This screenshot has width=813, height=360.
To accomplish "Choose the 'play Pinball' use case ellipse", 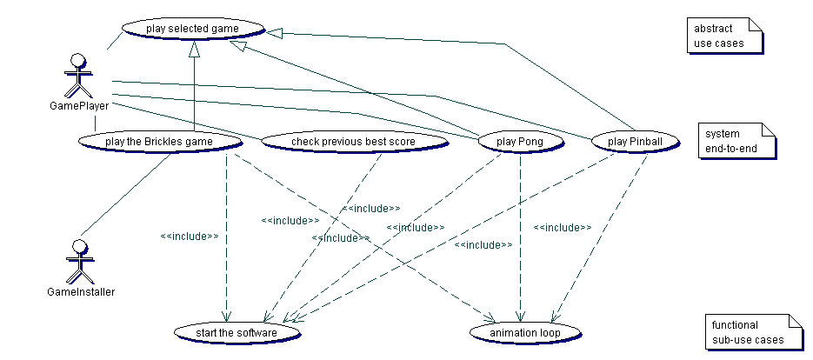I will click(x=633, y=141).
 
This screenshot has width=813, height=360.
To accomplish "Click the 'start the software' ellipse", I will click(x=237, y=332).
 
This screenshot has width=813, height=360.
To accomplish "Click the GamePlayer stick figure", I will click(x=79, y=76).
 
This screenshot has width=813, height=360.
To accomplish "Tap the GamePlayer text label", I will click(x=79, y=107).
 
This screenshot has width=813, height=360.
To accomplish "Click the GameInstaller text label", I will click(x=81, y=292).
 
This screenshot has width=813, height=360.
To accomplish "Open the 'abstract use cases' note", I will click(x=724, y=36).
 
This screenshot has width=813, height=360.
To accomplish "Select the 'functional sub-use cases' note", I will click(x=749, y=332).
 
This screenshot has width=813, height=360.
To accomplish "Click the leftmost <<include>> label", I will click(x=189, y=236).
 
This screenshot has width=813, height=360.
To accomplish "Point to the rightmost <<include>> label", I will click(x=563, y=228).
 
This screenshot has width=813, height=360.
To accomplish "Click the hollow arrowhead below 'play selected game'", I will click(x=195, y=51).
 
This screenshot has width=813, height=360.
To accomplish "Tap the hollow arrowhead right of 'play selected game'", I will click(x=274, y=33).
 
